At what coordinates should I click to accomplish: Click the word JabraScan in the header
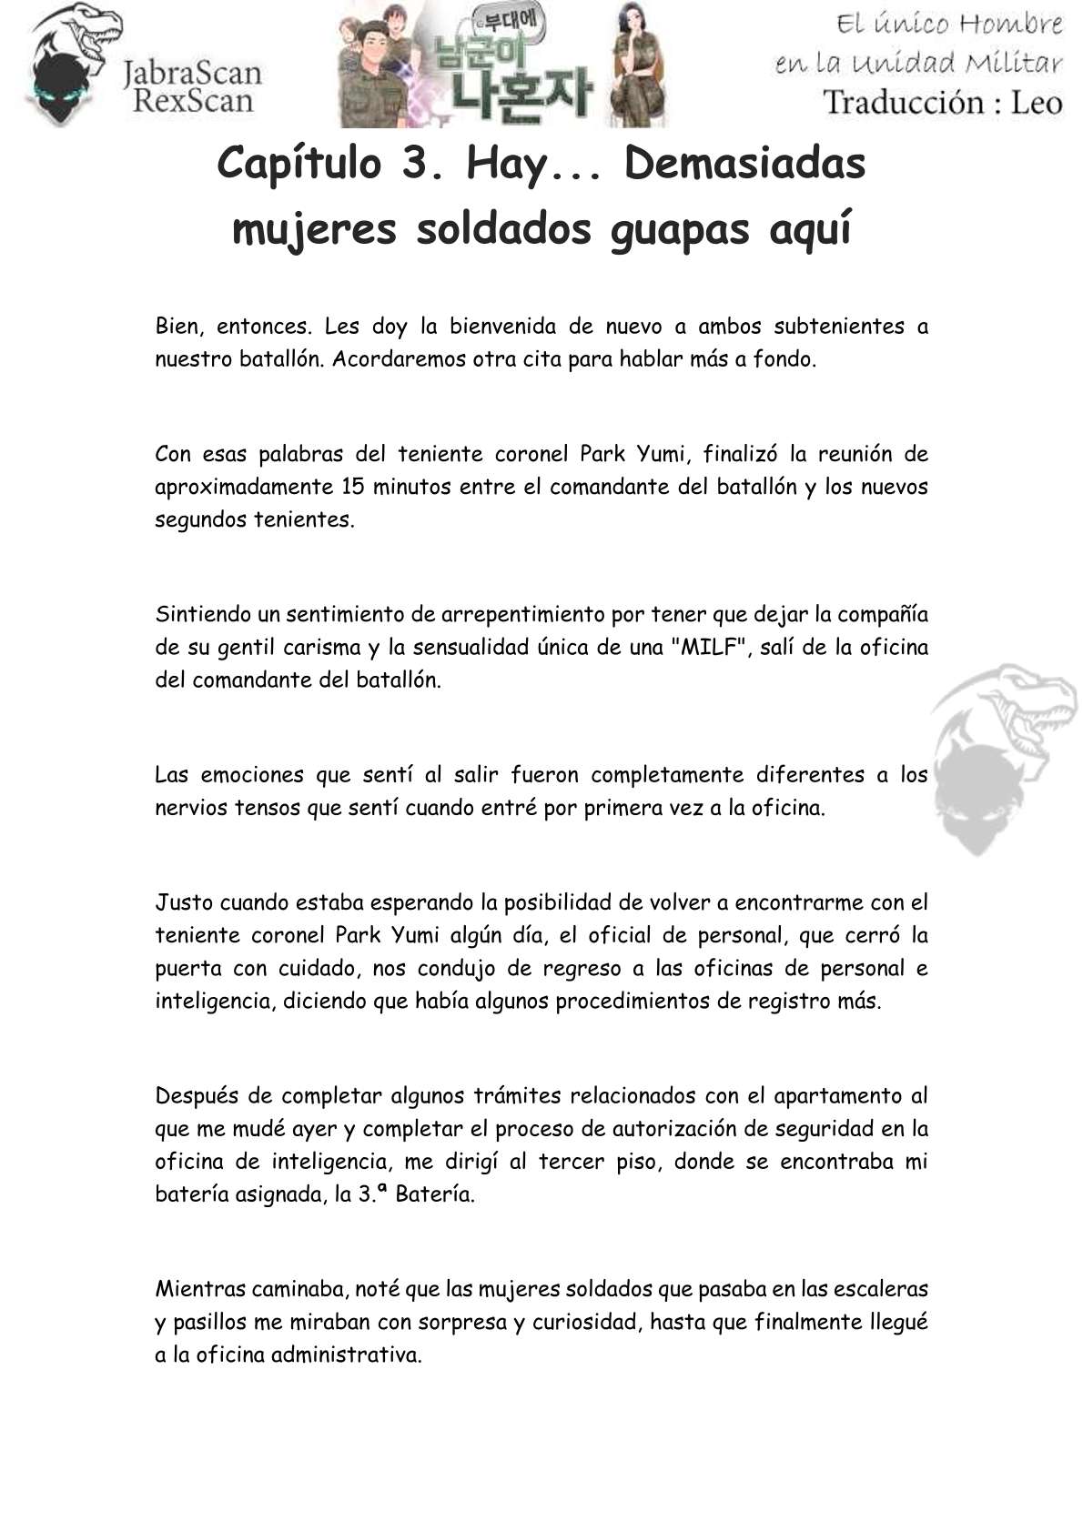click(192, 72)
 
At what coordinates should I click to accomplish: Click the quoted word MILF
click(709, 647)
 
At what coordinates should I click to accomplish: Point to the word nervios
click(191, 807)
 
